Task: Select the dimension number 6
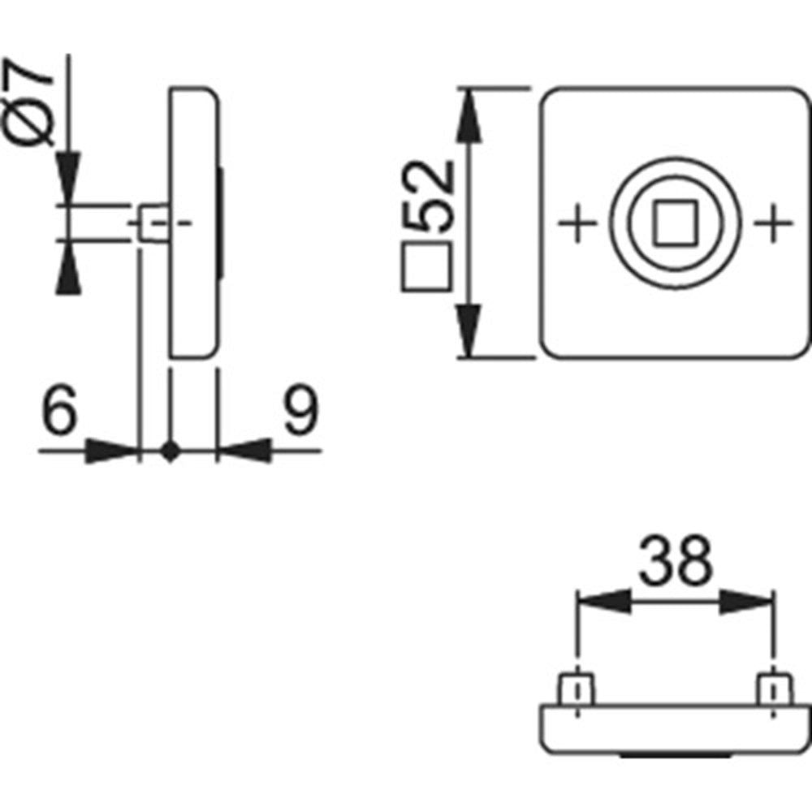click(59, 409)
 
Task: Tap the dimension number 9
click(302, 409)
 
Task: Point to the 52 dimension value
click(428, 196)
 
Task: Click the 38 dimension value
click(676, 561)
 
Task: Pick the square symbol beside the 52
click(427, 266)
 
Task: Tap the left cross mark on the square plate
click(577, 223)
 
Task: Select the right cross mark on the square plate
click(773, 223)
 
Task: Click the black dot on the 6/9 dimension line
click(171, 451)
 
